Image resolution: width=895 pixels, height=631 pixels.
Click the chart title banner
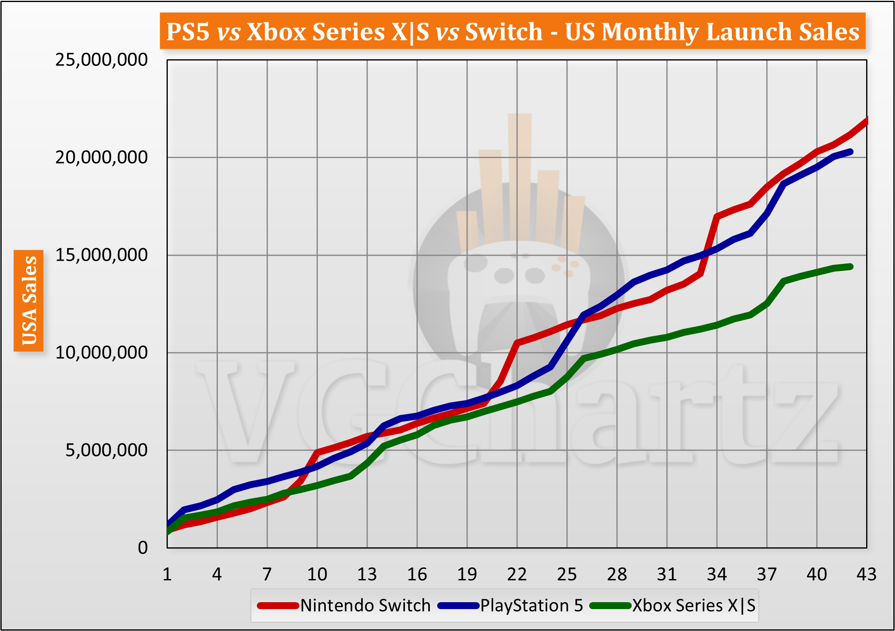coord(513,31)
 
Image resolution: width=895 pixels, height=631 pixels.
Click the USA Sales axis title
coord(29,300)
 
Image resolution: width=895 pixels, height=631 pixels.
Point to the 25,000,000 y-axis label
coord(101,60)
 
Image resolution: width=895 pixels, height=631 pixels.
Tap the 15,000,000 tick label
coord(101,255)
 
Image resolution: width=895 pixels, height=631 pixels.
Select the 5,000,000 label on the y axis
coord(106,450)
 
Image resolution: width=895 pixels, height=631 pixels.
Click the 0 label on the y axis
coord(143,548)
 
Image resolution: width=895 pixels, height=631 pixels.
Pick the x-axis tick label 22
coord(517,574)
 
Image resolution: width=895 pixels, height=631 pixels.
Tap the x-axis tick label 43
coord(866,574)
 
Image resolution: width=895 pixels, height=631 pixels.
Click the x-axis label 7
coord(267,574)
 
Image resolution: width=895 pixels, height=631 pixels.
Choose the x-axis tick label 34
coord(717,574)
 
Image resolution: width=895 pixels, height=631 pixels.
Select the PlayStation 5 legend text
coord(531,605)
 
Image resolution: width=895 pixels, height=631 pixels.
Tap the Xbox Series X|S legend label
coord(694,605)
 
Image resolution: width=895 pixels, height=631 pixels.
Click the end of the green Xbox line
coord(850,267)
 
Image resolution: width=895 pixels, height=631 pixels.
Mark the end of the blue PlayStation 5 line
coord(850,152)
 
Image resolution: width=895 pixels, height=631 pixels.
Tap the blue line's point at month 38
coord(784,184)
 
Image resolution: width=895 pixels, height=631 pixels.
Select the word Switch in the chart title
coord(504,31)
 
